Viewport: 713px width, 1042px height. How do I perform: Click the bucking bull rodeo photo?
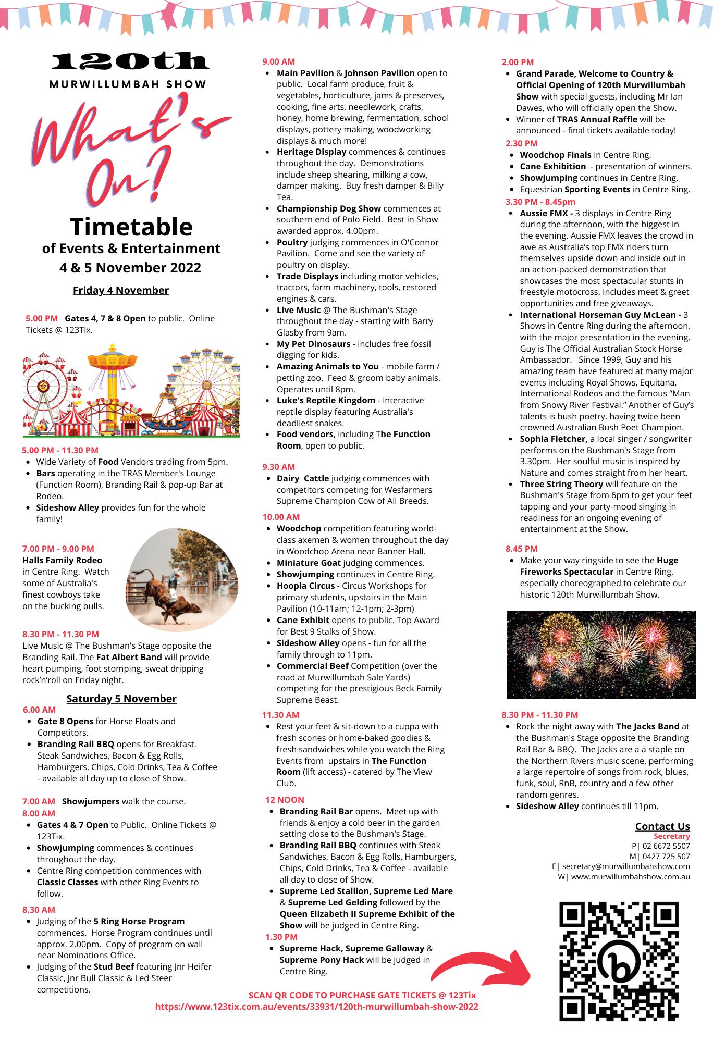click(x=182, y=579)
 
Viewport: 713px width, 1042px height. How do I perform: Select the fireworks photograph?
click(x=601, y=654)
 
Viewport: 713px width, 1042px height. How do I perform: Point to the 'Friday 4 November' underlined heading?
click(x=121, y=290)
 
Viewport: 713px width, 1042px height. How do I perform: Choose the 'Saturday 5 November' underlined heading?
click(x=121, y=699)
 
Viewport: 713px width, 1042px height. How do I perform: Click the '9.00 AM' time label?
click(x=278, y=61)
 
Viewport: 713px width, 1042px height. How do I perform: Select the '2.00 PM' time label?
click(x=518, y=62)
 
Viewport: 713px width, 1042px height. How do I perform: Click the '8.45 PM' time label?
click(x=521, y=549)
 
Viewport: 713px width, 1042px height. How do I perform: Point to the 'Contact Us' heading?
click(x=662, y=826)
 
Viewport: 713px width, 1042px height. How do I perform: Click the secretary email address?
click(x=626, y=866)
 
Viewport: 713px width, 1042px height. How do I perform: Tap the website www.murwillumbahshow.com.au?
click(x=630, y=876)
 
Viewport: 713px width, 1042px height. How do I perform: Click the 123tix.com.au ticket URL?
click(x=316, y=1007)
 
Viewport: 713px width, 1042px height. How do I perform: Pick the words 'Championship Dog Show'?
click(x=328, y=208)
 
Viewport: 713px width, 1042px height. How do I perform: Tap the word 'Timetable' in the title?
click(x=131, y=227)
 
